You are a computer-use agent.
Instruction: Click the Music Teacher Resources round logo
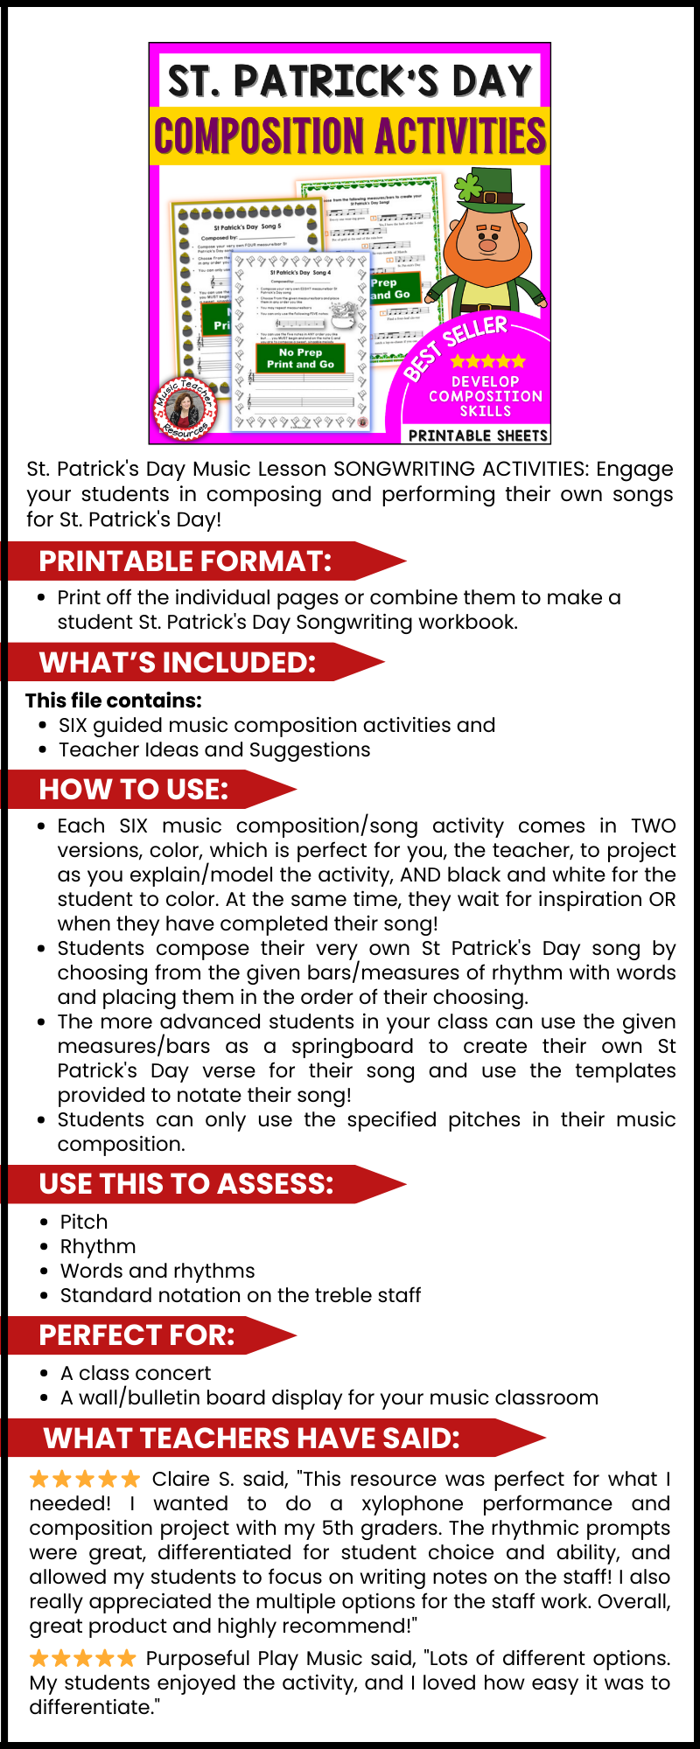click(185, 408)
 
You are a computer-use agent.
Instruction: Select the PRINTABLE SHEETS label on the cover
click(478, 435)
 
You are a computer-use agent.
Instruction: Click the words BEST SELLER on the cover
click(457, 348)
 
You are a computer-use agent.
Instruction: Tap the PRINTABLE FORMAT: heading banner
click(185, 561)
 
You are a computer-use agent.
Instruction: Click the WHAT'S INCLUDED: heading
click(178, 663)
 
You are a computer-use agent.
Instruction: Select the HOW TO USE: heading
click(134, 790)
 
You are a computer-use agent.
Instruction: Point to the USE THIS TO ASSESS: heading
click(186, 1184)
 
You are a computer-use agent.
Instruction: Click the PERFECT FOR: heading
click(137, 1335)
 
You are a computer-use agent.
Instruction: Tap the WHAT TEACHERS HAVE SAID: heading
click(252, 1439)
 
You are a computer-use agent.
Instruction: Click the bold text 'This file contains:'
click(114, 700)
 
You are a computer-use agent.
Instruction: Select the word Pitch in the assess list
click(84, 1222)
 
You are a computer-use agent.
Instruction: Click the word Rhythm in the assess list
click(98, 1246)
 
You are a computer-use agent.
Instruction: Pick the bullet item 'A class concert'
click(136, 1373)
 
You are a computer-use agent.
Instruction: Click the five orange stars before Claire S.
click(84, 1479)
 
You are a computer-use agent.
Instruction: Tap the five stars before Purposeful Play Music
click(82, 1658)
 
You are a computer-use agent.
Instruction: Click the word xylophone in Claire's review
click(412, 1503)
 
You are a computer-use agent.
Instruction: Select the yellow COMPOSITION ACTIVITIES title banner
click(350, 136)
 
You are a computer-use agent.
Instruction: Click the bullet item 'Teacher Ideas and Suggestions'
click(214, 749)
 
